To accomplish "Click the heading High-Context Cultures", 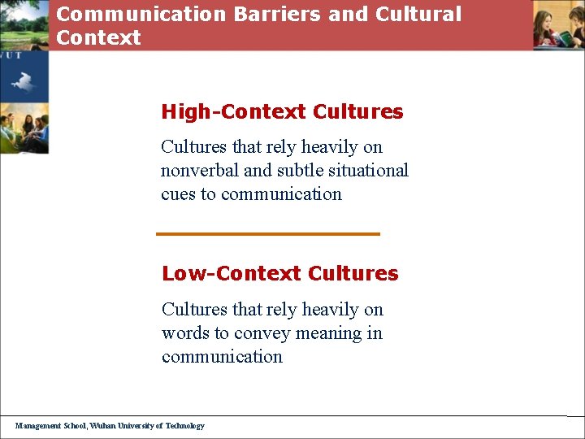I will click(x=282, y=112).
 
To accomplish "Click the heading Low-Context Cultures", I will click(x=279, y=274).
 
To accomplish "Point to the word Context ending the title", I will click(x=98, y=37).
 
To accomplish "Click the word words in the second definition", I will click(x=184, y=333).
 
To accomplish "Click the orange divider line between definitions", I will click(x=268, y=234).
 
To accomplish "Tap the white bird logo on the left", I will click(x=23, y=81).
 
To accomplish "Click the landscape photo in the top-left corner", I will click(x=24, y=24).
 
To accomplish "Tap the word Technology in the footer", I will click(x=186, y=425).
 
